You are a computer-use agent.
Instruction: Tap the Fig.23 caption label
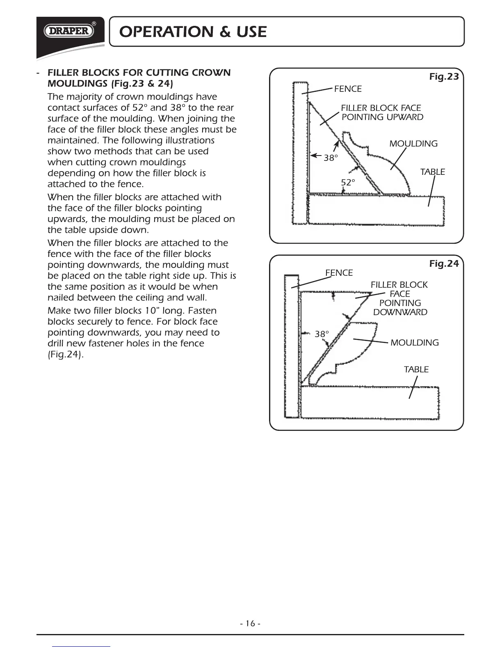(444, 77)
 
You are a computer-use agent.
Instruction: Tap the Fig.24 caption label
(444, 264)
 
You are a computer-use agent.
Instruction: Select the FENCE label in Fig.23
(348, 89)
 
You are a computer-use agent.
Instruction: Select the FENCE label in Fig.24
(339, 273)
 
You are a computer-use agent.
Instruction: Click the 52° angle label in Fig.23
(348, 183)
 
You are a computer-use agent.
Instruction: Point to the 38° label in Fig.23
(331, 158)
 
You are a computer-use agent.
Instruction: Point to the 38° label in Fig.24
(322, 334)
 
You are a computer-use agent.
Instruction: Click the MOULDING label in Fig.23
(413, 144)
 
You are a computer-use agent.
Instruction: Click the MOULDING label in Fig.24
(414, 343)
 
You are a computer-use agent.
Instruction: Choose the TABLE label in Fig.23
(432, 172)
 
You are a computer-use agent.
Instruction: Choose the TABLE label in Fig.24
(416, 369)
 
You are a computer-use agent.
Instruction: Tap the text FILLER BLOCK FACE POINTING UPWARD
(381, 112)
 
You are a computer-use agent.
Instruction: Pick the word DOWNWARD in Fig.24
(400, 312)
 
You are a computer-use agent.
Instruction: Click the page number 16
(251, 624)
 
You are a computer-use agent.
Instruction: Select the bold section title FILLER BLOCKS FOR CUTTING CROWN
(139, 73)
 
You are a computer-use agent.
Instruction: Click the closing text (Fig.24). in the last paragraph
(66, 355)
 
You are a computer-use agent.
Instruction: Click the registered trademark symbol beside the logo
(94, 24)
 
